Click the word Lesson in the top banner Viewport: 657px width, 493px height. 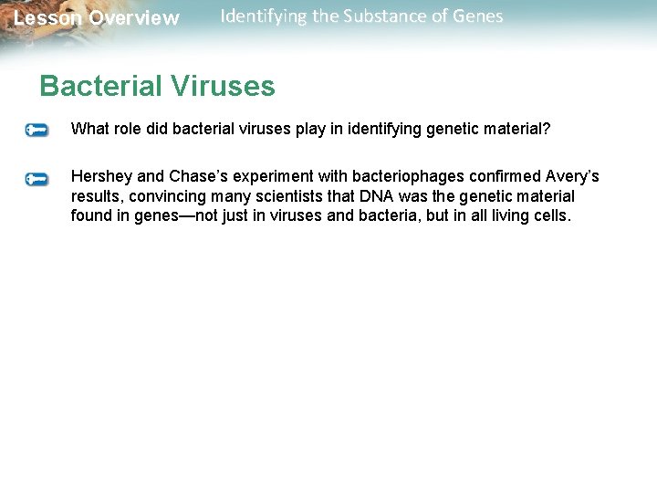(47, 18)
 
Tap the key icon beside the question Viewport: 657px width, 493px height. (37, 131)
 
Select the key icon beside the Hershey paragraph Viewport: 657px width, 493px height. (37, 179)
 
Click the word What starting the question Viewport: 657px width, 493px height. (89, 130)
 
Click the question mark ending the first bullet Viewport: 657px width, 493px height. (547, 130)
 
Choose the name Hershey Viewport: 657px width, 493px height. (101, 176)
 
